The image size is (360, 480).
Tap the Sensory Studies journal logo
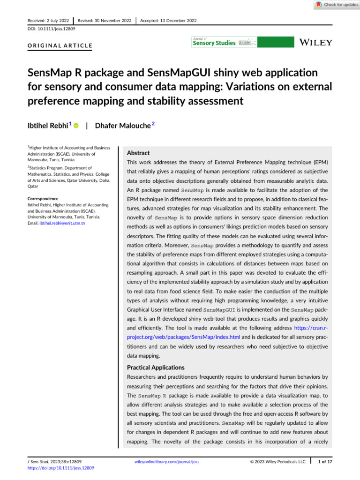click(x=224, y=43)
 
